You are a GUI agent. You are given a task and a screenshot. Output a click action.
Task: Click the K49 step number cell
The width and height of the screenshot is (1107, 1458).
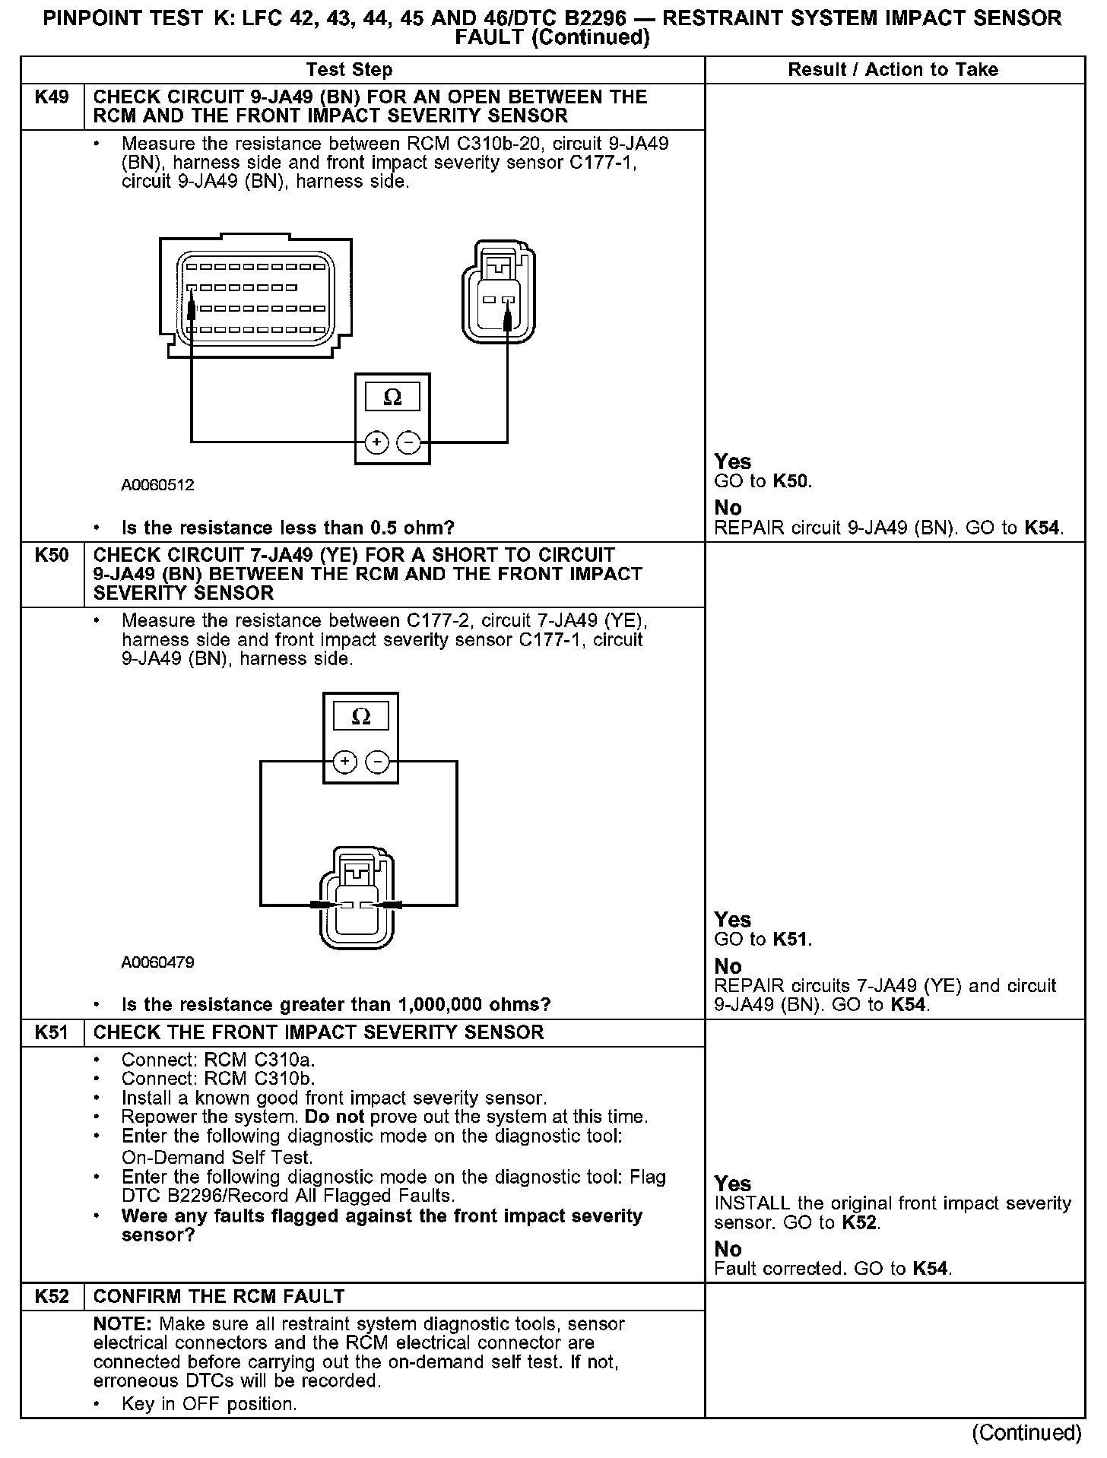(52, 97)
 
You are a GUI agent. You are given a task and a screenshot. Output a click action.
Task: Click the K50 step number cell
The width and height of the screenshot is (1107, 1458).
(52, 556)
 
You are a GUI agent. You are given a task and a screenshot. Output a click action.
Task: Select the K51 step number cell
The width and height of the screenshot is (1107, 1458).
(52, 1032)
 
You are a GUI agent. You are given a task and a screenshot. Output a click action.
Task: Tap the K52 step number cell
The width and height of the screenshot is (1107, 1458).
(52, 1296)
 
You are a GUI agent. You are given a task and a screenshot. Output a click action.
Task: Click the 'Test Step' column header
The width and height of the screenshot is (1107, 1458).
(349, 70)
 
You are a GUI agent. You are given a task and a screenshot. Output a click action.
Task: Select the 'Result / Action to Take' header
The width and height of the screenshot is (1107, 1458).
(893, 70)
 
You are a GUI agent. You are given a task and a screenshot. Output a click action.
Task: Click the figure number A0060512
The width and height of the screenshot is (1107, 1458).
(157, 484)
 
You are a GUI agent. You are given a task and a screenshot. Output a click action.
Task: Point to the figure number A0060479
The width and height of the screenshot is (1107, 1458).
(157, 962)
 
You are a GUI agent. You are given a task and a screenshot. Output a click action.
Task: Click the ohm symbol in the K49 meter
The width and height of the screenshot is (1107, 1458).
(392, 397)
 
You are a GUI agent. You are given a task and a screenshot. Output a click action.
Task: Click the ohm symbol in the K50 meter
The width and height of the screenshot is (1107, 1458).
(361, 716)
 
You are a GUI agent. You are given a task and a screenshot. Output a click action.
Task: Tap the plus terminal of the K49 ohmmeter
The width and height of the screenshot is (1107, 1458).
(376, 442)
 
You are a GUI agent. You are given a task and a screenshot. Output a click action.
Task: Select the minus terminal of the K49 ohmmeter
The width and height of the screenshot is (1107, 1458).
(409, 442)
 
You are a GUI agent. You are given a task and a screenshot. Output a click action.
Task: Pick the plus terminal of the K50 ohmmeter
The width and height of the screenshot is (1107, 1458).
(344, 762)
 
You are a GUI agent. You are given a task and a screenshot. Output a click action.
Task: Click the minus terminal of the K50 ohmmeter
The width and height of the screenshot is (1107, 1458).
(378, 762)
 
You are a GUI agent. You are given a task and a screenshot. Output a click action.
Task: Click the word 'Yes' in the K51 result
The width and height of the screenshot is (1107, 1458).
(732, 1184)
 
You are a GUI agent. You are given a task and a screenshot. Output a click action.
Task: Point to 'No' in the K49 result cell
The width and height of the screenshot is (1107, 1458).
(728, 507)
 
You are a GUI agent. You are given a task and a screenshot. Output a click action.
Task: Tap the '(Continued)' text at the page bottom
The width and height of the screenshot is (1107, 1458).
(1026, 1432)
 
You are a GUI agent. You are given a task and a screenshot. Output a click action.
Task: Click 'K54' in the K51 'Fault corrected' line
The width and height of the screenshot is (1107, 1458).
(931, 1268)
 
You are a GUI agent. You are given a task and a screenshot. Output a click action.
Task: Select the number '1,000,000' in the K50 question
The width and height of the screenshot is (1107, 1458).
(444, 1004)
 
